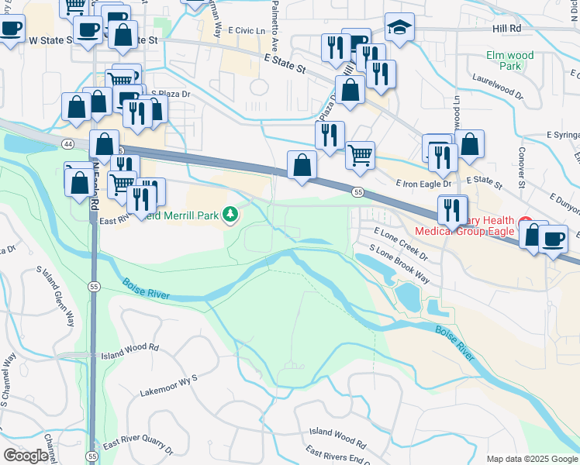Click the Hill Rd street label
(506, 27)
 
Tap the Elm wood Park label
(509, 60)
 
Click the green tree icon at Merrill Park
(230, 213)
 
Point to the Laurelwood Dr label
(494, 89)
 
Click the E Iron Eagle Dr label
(423, 184)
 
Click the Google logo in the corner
(26, 456)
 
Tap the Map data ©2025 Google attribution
(531, 459)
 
